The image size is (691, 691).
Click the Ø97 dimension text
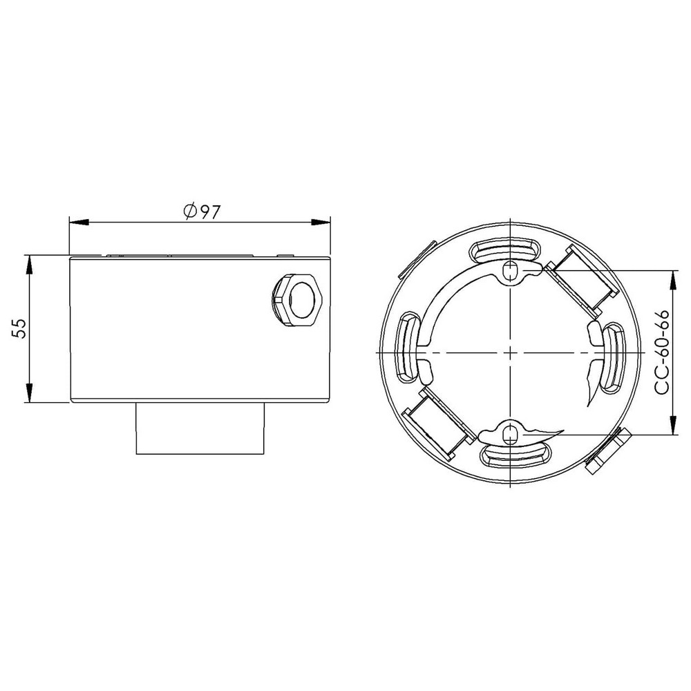tap(202, 211)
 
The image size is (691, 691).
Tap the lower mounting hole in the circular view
tap(510, 434)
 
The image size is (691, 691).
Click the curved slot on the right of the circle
tap(611, 358)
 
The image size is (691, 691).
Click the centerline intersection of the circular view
tap(509, 352)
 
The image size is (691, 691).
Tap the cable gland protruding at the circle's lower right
tap(605, 451)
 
